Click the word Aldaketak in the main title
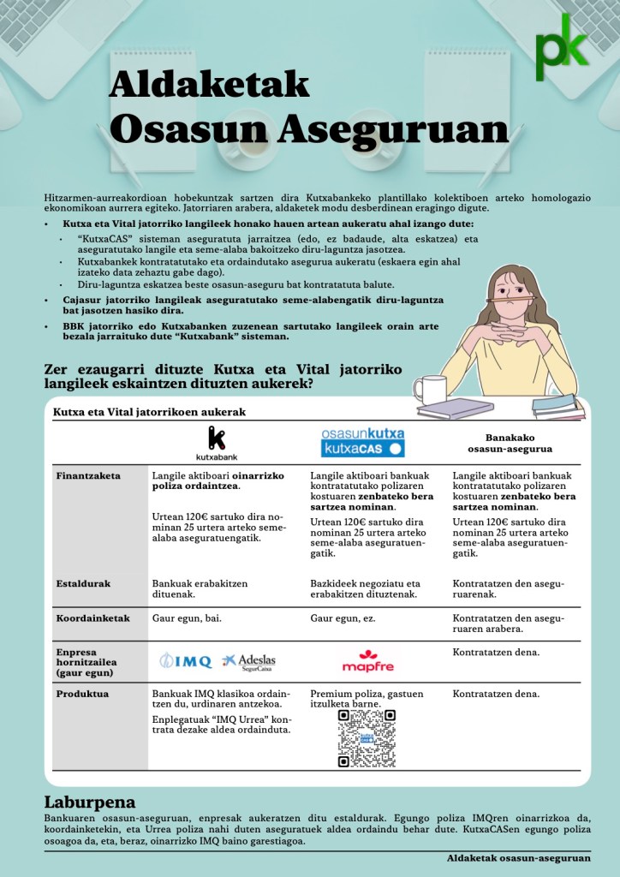209,86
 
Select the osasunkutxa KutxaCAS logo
362,441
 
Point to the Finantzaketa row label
88,475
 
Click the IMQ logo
185,660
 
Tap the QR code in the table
367,737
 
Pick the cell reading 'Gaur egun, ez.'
343,617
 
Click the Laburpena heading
90,802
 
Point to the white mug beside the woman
429,390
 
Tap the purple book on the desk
467,407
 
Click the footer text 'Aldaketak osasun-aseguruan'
518,857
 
